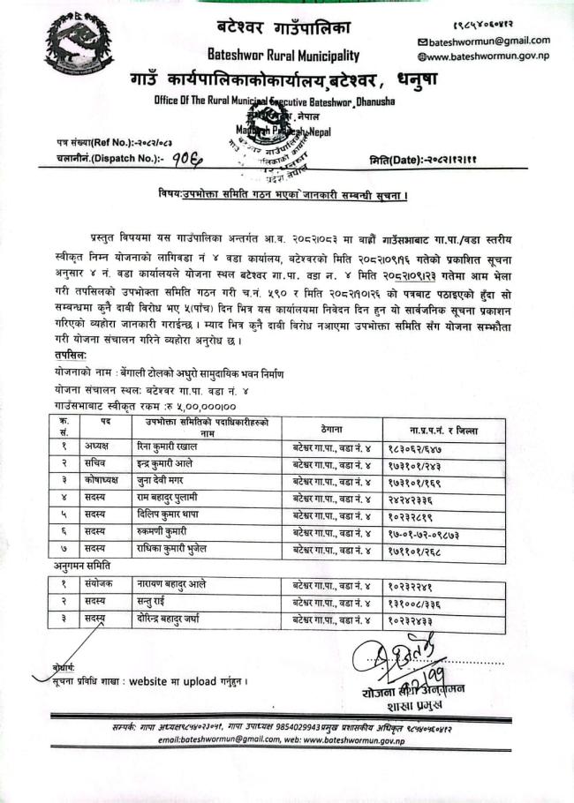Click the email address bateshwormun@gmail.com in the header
tap(488, 41)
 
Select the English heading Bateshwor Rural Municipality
tap(281, 54)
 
